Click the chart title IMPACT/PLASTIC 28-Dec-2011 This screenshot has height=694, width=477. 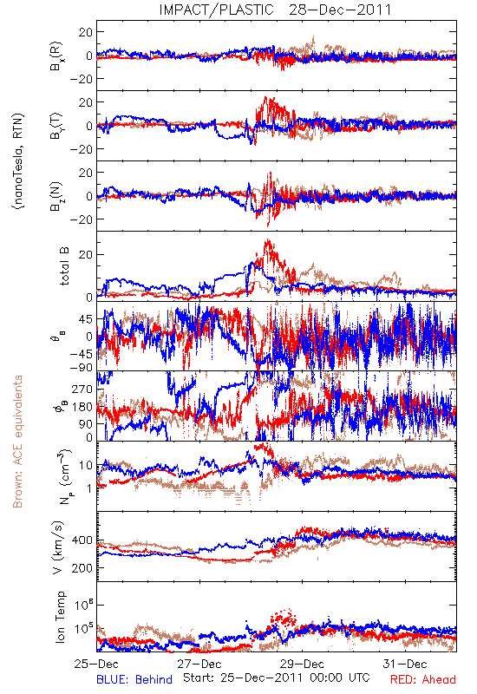click(x=275, y=10)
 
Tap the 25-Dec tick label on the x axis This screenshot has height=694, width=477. click(x=96, y=664)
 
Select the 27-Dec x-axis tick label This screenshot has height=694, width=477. click(x=199, y=664)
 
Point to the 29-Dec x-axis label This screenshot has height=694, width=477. click(x=302, y=664)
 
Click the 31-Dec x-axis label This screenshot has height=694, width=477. click(x=405, y=664)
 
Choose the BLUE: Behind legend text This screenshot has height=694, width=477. click(x=134, y=680)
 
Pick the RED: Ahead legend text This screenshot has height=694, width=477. click(x=423, y=680)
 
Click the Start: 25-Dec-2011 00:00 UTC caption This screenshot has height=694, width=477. click(x=277, y=678)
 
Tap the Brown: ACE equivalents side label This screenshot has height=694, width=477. click(x=17, y=442)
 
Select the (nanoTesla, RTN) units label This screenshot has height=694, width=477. click(x=19, y=161)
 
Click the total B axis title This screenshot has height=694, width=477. click(x=64, y=266)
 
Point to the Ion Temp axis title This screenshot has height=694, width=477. click(x=60, y=617)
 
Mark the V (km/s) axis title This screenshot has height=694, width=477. click(x=58, y=547)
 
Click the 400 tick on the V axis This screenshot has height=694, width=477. click(x=82, y=540)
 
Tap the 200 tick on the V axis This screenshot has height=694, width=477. click(x=82, y=568)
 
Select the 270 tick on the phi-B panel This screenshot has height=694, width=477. click(x=82, y=390)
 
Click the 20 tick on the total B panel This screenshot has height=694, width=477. click(x=86, y=255)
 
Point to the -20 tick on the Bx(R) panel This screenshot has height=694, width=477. click(x=81, y=79)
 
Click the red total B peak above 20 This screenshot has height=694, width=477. click(x=267, y=242)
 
